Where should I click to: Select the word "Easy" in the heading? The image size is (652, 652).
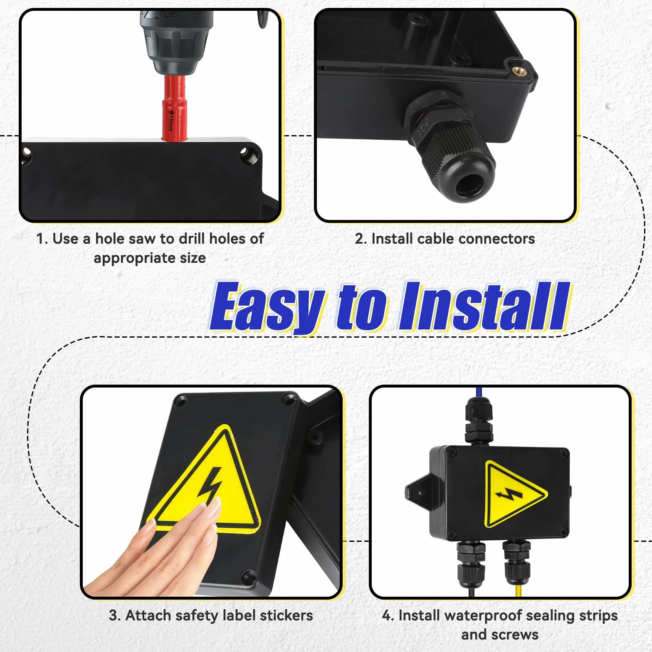[267, 307]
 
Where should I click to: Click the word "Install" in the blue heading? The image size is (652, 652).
[484, 306]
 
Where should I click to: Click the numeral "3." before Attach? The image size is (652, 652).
[115, 615]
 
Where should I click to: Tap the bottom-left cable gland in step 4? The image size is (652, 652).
[471, 563]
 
